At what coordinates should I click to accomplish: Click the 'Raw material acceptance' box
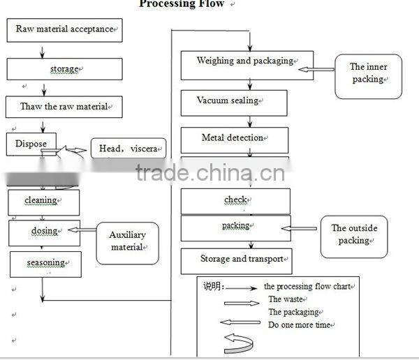click(64, 30)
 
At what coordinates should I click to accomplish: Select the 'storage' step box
click(64, 69)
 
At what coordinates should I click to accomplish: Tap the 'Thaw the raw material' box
click(64, 107)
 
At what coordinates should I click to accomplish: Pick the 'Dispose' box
click(31, 144)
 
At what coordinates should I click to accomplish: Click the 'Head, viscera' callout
click(128, 149)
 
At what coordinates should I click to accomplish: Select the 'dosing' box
click(44, 232)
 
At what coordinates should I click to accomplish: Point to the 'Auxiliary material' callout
click(126, 241)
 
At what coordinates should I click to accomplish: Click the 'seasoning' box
click(45, 263)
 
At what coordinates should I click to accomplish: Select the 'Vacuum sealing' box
click(233, 101)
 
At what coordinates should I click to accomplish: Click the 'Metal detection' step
click(234, 138)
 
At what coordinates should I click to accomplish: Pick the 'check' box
click(235, 200)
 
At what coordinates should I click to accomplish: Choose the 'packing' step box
click(235, 227)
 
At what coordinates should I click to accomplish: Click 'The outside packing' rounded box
click(353, 236)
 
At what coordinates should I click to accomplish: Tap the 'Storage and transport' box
click(236, 260)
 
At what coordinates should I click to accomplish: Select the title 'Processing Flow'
click(182, 4)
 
